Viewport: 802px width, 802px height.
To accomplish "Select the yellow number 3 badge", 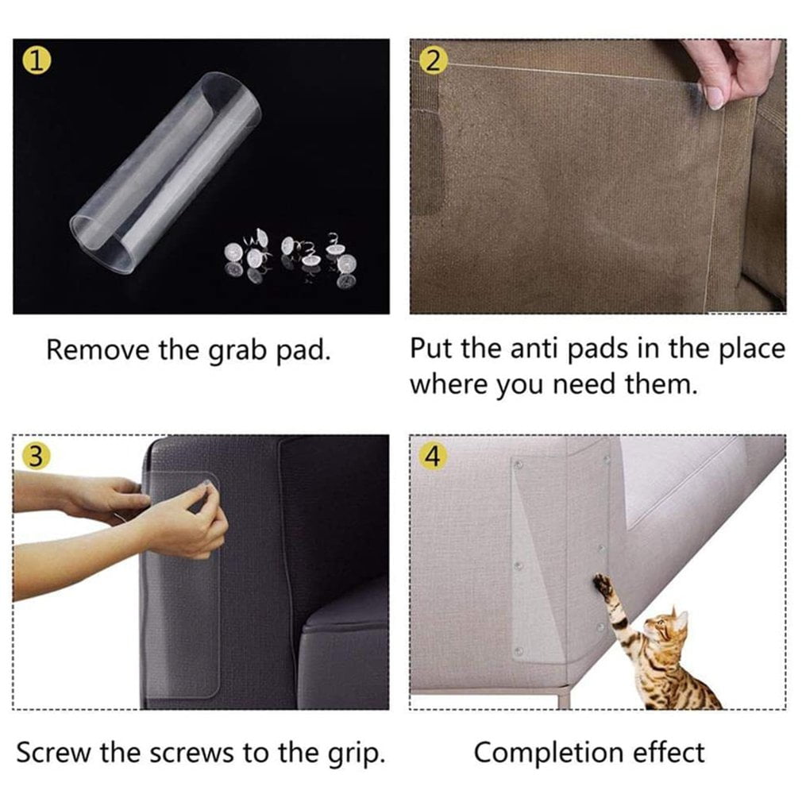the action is (37, 457).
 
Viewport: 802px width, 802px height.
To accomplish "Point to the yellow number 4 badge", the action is (433, 457).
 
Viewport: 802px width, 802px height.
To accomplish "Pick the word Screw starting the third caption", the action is (54, 753).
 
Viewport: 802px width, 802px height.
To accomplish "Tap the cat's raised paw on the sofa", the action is (603, 584).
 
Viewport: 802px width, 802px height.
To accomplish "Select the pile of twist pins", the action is (289, 257).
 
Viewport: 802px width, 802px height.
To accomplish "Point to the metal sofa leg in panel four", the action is (563, 699).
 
